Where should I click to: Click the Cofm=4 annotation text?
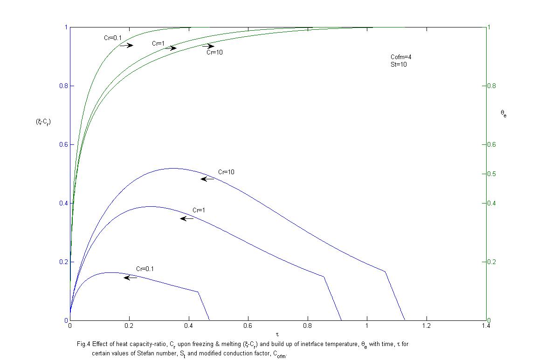point(400,57)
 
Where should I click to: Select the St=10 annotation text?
point(399,65)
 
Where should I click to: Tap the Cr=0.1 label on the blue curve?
point(145,269)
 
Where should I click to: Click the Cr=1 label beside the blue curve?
point(199,211)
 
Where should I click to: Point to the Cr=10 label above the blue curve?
point(226,172)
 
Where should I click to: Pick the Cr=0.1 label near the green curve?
point(113,38)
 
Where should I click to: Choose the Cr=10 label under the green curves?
point(214,53)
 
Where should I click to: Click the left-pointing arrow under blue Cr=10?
point(207,179)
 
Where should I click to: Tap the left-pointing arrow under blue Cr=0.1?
point(131,278)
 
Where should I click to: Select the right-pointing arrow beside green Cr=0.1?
point(126,45)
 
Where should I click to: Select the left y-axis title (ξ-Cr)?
point(43,122)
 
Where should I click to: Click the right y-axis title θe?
point(503,113)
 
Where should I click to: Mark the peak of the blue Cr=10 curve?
point(172,168)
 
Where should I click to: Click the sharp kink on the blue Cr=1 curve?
point(324,277)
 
